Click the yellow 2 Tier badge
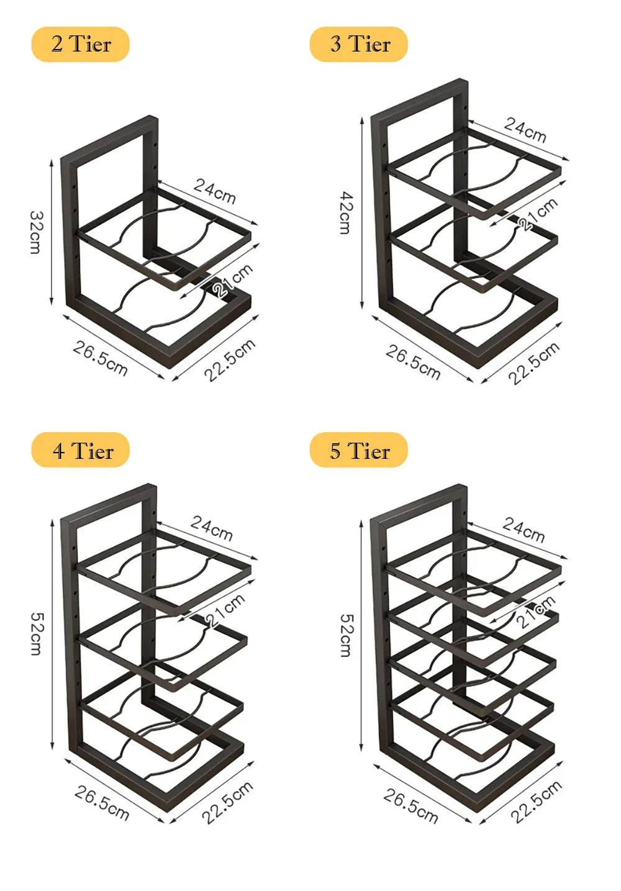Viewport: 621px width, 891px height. click(81, 45)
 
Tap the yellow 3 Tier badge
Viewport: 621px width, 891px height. click(359, 45)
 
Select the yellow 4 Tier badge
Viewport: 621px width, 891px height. click(81, 450)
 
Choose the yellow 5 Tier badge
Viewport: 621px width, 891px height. click(359, 450)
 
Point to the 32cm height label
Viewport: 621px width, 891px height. click(36, 232)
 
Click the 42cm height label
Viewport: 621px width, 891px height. click(345, 212)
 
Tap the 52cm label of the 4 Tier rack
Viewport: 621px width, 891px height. click(36, 633)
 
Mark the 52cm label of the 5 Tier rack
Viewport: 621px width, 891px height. click(345, 635)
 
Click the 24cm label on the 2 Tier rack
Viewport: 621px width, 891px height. click(215, 191)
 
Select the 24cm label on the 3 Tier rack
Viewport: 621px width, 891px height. click(525, 129)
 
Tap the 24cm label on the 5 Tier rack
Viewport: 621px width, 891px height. click(524, 529)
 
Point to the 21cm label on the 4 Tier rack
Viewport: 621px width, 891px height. click(225, 610)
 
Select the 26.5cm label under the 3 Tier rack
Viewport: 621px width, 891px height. click(413, 362)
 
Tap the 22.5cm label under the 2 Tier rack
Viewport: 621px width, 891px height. click(230, 360)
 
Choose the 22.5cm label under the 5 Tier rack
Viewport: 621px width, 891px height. click(536, 802)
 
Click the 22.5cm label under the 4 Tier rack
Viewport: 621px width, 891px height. click(227, 802)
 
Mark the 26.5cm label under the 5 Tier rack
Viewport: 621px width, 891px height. click(410, 805)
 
